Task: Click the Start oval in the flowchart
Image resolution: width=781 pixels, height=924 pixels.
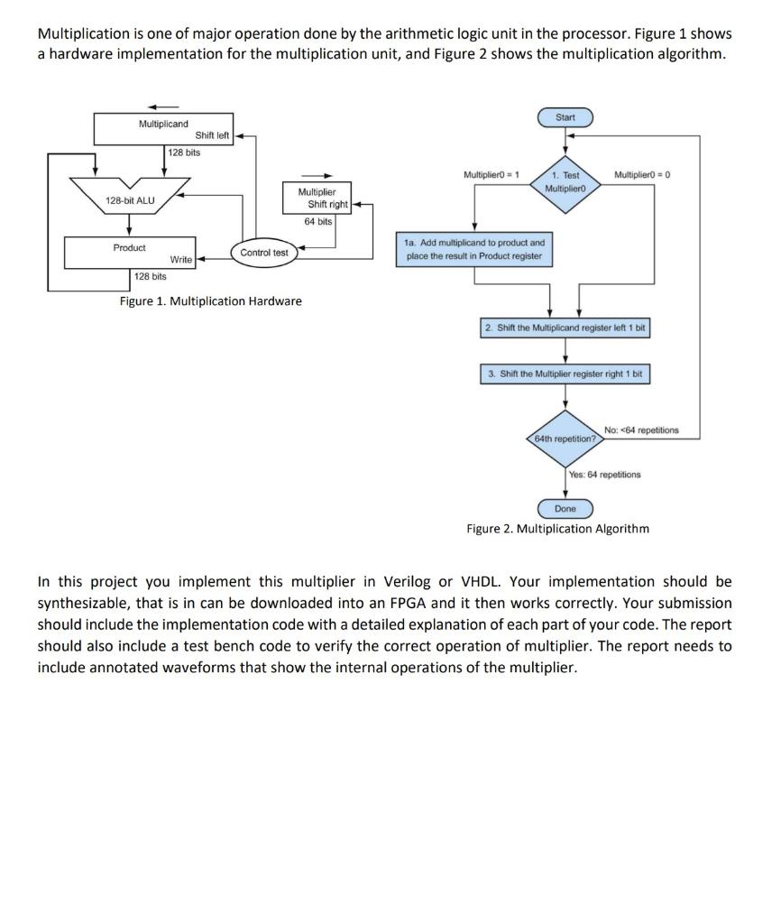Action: coord(565,117)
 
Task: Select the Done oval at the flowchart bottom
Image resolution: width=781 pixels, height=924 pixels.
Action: coord(565,509)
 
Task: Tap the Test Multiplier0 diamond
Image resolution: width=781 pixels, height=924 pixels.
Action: coord(565,181)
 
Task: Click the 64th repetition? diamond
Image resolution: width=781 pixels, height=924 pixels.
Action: coord(565,439)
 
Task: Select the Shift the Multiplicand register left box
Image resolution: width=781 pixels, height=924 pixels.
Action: coord(565,328)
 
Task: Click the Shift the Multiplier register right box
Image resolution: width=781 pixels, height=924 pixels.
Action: coord(565,374)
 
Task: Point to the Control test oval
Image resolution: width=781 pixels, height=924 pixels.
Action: coord(264,253)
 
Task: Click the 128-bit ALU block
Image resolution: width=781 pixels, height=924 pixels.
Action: coord(130,199)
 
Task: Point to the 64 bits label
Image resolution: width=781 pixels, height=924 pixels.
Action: coord(318,221)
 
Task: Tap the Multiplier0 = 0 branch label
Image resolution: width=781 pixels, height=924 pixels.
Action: coord(642,173)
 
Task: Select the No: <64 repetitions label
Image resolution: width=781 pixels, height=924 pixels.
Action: coord(641,430)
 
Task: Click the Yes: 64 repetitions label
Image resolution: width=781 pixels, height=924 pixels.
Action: coord(605,474)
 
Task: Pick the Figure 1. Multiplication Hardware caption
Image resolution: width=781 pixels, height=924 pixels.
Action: coord(211,300)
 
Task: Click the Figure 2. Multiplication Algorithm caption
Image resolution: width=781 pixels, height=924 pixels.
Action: coord(557,528)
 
